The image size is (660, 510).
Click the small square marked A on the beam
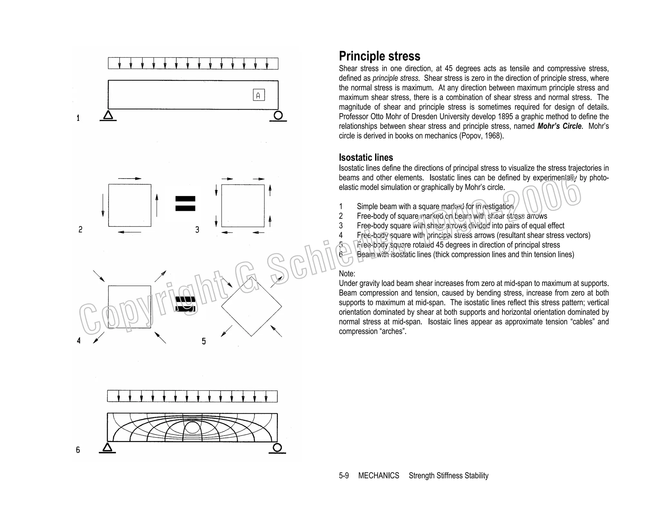point(259,95)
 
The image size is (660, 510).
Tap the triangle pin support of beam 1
point(108,115)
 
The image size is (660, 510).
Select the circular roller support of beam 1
point(278,115)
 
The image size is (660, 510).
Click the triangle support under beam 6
point(107,447)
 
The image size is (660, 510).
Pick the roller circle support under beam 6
point(277,447)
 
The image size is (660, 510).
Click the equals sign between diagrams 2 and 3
point(185,203)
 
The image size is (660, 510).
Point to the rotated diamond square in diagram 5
point(251,306)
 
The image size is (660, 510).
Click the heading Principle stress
point(379,56)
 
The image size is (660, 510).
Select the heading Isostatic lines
point(366,157)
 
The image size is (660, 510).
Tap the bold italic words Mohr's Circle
point(559,126)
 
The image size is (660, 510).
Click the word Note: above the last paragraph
point(347,274)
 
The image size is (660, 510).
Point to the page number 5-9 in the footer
point(344,476)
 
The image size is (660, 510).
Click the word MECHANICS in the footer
point(378,476)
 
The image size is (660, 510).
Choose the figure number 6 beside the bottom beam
point(78,450)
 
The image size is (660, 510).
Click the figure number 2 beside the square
point(80,230)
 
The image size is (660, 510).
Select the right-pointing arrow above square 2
point(130,178)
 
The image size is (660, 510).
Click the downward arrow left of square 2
point(103,205)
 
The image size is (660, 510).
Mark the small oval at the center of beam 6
point(192,428)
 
